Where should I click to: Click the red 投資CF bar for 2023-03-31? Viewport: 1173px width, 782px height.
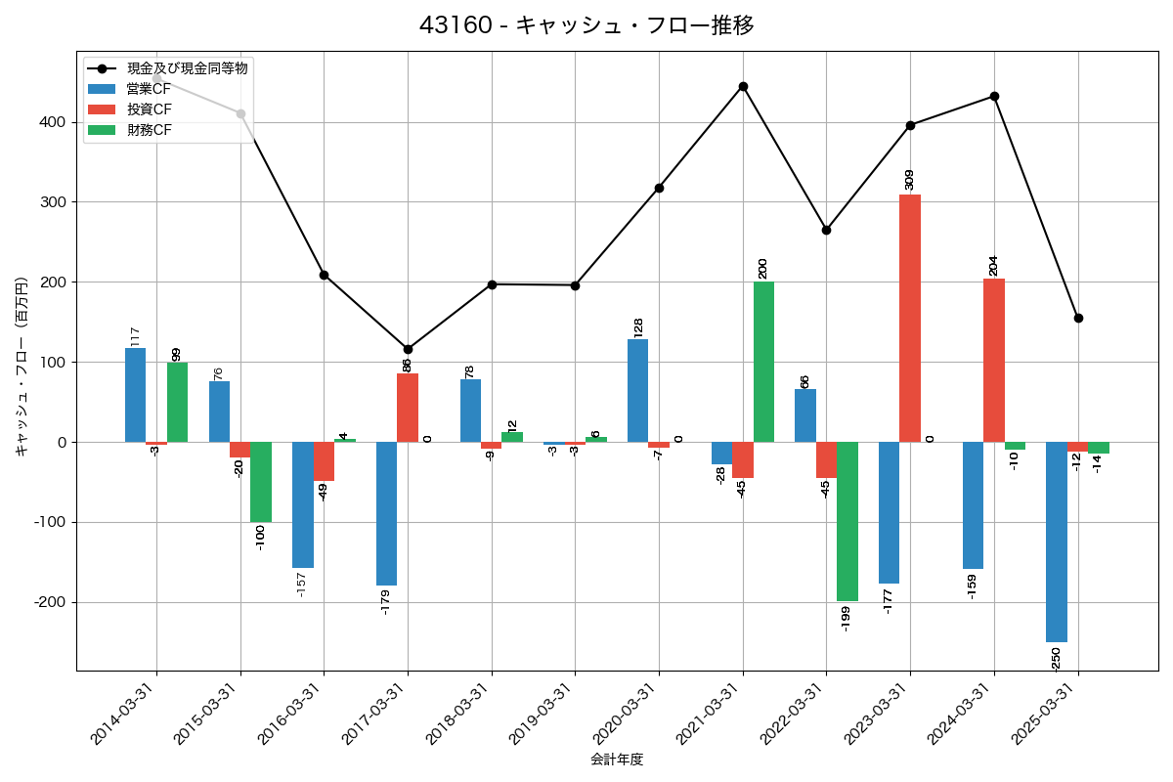pos(910,318)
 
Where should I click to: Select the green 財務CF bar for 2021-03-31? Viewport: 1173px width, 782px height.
pos(763,362)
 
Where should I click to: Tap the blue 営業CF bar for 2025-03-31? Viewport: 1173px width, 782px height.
pos(1056,542)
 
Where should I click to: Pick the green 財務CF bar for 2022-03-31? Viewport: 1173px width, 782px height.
pos(847,521)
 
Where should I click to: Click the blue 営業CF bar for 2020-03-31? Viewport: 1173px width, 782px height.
pos(637,390)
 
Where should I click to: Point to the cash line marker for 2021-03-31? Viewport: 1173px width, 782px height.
pos(743,86)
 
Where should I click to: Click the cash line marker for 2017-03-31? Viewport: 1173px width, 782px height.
pos(408,349)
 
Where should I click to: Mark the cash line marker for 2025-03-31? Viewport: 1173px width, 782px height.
pos(1078,318)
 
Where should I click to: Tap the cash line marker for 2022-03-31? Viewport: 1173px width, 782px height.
pos(826,230)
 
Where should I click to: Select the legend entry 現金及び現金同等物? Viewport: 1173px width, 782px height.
pos(187,68)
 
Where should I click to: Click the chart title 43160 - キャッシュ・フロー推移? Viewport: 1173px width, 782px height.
pos(586,25)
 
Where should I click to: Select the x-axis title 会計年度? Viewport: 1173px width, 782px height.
pos(617,760)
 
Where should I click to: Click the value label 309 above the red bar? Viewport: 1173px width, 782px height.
pos(909,179)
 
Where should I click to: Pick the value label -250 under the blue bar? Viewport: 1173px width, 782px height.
pos(1056,660)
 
